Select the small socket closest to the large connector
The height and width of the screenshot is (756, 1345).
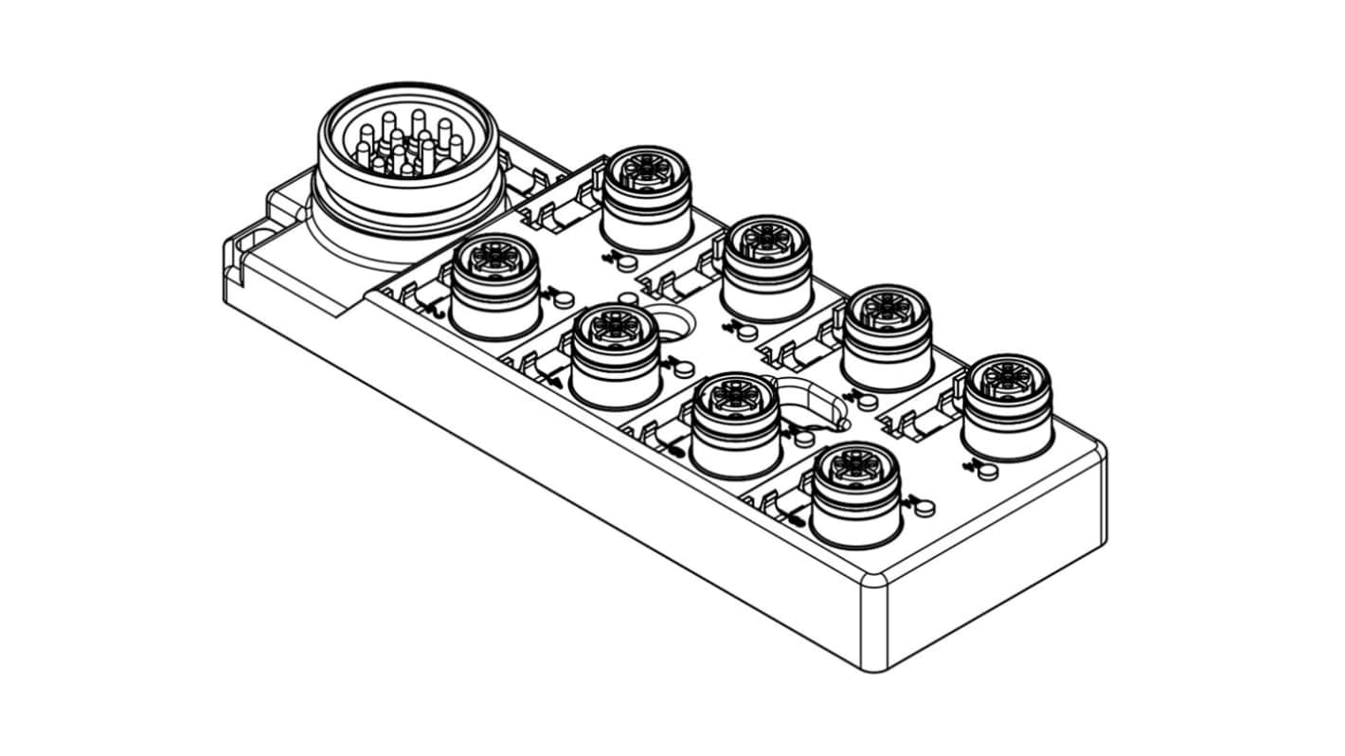coord(495,284)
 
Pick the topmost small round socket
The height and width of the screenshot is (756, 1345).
coord(648,197)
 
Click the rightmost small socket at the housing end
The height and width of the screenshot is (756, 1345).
coord(1007,405)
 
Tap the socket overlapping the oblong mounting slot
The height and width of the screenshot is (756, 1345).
coord(737,423)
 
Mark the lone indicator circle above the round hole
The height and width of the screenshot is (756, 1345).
coord(626,300)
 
